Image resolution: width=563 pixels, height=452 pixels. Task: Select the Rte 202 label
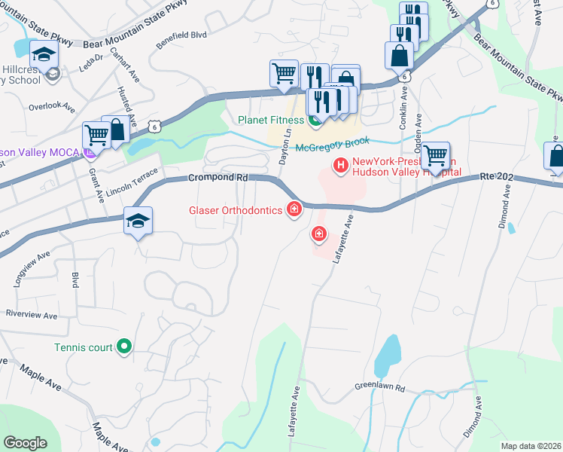tap(501, 178)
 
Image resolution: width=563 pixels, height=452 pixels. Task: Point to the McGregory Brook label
tap(333, 148)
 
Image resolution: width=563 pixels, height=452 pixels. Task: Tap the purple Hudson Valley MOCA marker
tap(90, 153)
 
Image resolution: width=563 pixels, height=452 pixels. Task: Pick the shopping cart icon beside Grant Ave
tap(97, 136)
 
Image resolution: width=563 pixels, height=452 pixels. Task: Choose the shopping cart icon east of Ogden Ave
tap(435, 156)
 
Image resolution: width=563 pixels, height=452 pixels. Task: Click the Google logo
tap(25, 443)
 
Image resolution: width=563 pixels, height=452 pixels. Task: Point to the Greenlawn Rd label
tap(380, 388)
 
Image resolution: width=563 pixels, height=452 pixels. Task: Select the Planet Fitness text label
tap(271, 120)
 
